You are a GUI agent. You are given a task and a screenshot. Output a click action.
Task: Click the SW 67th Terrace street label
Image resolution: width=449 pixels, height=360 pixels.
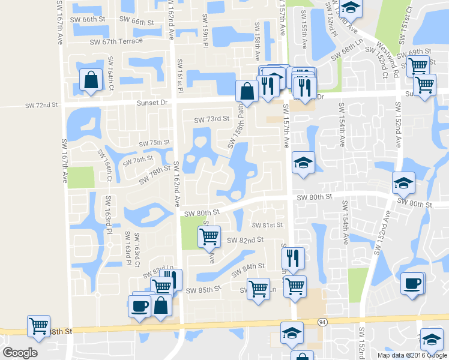[116, 41]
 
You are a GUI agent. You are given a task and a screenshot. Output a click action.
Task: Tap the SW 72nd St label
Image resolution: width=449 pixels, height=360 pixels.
[41, 105]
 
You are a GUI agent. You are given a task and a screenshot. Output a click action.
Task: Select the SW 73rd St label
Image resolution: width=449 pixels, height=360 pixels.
[212, 119]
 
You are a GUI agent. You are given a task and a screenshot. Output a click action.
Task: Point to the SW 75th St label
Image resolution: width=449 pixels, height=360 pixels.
[155, 143]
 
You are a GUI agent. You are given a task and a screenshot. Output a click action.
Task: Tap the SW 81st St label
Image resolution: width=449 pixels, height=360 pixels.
[267, 225]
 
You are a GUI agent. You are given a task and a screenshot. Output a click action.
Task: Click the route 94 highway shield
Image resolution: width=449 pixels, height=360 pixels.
[322, 322]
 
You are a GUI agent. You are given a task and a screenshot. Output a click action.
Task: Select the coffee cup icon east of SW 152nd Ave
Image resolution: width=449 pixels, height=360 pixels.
[412, 283]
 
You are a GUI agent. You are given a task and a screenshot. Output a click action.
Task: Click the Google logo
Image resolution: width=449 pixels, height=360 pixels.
[20, 353]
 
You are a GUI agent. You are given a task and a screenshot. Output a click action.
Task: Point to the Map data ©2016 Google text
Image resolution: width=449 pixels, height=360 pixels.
[412, 355]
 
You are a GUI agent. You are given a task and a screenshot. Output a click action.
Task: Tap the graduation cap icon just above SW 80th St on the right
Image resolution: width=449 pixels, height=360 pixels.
[403, 182]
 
